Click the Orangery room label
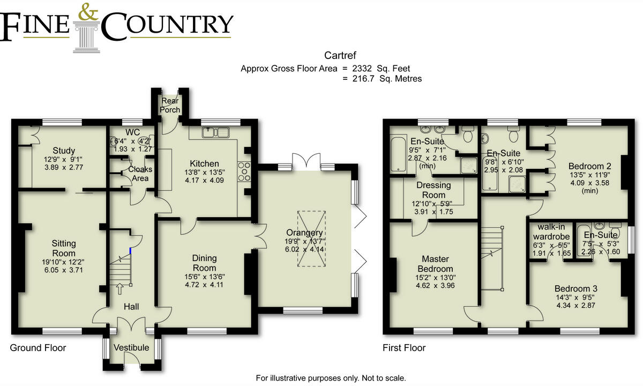click(x=304, y=233)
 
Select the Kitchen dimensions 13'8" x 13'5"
click(x=204, y=173)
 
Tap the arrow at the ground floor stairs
click(x=119, y=289)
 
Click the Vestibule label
click(x=131, y=347)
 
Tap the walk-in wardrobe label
click(x=550, y=234)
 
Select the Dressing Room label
click(x=433, y=190)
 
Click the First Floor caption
click(x=403, y=348)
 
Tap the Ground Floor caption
click(x=38, y=348)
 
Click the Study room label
click(x=64, y=150)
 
